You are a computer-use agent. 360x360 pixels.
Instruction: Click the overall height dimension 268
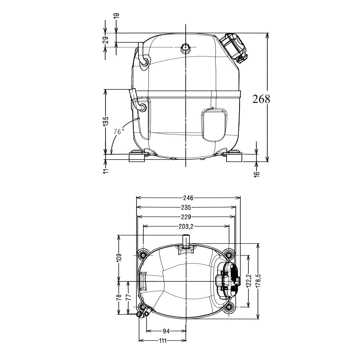[261, 99]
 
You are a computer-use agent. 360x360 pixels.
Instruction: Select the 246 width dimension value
[188, 198]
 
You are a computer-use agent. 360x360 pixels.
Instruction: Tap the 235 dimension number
[186, 207]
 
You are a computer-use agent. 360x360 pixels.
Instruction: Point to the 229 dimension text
[186, 217]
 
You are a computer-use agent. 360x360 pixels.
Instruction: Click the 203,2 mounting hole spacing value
[186, 226]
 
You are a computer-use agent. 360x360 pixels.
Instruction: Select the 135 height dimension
[106, 121]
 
